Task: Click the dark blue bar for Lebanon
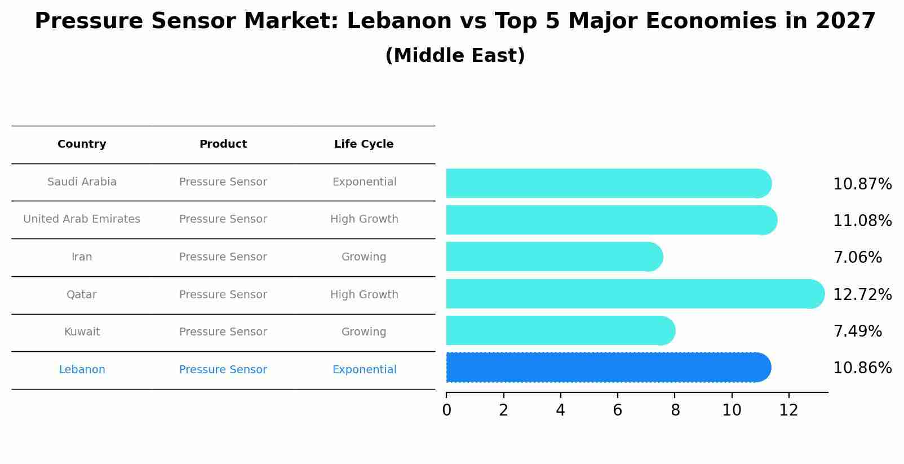point(608,368)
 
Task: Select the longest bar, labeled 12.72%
point(635,294)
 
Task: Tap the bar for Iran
point(554,257)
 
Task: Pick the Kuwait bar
point(560,331)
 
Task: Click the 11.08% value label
point(862,220)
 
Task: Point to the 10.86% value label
point(862,368)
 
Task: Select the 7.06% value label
point(857,258)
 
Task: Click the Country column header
point(82,144)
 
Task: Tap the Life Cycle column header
point(364,144)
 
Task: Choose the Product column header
point(223,144)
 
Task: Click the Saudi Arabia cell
point(82,182)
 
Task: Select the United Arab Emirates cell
point(82,219)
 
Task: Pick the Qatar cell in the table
point(82,295)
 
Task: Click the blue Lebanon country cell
point(82,370)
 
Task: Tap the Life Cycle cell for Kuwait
point(364,332)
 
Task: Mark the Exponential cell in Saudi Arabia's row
point(364,182)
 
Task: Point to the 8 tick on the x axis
point(675,410)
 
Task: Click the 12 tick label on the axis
point(788,410)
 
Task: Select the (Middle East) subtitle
point(455,56)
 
